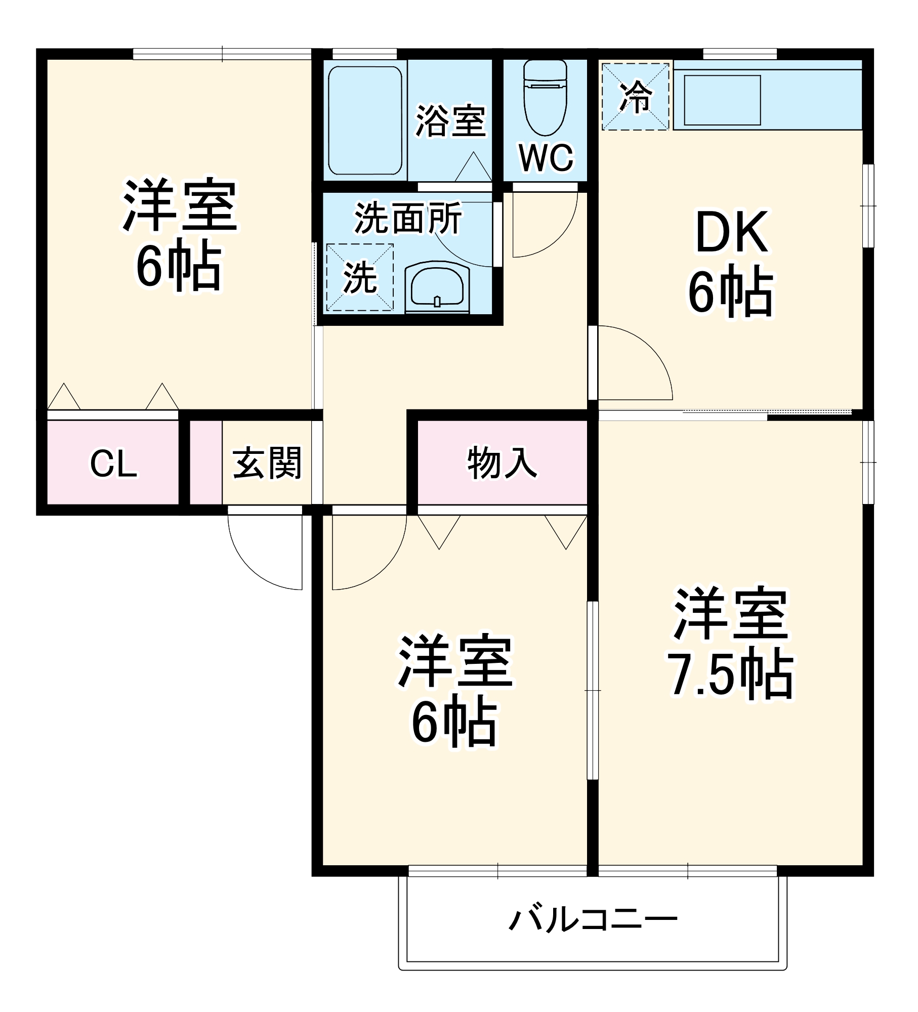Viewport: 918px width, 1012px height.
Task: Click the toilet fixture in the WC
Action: click(545, 99)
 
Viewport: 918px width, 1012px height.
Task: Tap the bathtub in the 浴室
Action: click(365, 120)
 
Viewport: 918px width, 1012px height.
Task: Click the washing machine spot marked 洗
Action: click(360, 277)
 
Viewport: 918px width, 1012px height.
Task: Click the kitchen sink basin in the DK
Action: click(722, 100)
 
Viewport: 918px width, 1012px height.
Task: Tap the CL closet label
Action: click(113, 463)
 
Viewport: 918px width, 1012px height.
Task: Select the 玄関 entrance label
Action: click(267, 462)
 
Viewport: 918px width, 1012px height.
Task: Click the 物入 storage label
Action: click(502, 462)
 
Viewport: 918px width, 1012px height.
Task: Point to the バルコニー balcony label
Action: click(593, 919)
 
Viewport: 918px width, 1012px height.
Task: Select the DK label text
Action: click(732, 233)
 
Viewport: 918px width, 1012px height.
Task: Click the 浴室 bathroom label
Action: click(450, 121)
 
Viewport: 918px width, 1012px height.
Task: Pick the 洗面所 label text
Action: click(408, 219)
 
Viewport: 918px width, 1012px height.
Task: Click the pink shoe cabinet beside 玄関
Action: click(205, 462)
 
